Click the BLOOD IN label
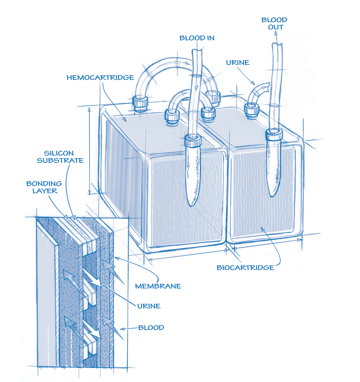[x=197, y=38]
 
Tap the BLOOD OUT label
[x=274, y=23]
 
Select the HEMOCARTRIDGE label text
[x=100, y=78]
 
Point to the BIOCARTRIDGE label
[x=245, y=268]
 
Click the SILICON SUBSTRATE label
[x=60, y=157]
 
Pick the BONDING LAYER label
[x=44, y=187]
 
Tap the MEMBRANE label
[x=158, y=286]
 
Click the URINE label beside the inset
[x=149, y=306]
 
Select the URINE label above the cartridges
[x=238, y=63]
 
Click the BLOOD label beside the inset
[x=151, y=328]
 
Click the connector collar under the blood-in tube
[x=193, y=140]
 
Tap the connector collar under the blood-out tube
[x=274, y=134]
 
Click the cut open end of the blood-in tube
[x=196, y=51]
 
